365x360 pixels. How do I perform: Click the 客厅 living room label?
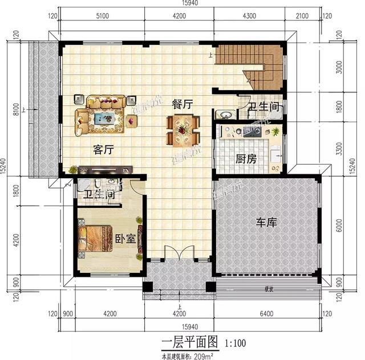point(103,150)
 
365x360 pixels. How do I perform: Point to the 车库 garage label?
point(265,222)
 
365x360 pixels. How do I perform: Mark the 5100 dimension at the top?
point(102,17)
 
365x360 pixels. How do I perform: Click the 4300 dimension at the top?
point(249,17)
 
